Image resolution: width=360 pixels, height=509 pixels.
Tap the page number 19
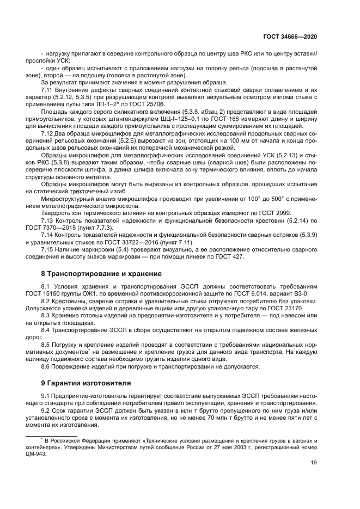click(x=314, y=463)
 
